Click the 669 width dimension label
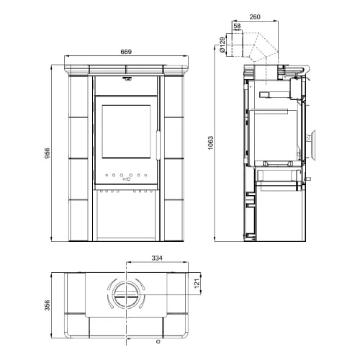coord(126,52)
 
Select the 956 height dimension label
coord(48,153)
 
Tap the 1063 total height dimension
coord(210,143)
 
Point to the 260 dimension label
coord(255,17)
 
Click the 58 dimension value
coord(237,26)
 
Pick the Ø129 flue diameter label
coord(222,45)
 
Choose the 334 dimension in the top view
coord(157,258)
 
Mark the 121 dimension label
coord(197,284)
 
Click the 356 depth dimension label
coord(48,305)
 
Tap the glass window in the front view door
coord(126,132)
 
